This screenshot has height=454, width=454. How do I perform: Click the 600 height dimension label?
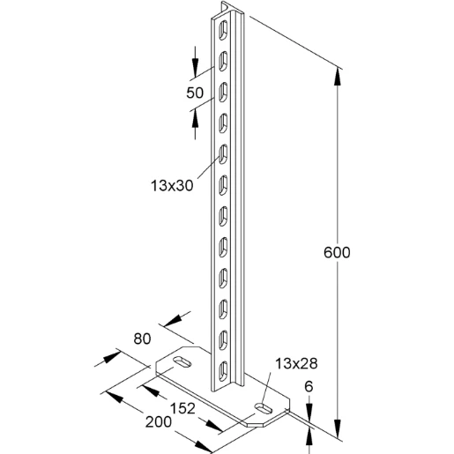336,252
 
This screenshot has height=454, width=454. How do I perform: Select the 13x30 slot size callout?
172,185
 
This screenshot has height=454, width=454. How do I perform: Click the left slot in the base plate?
182,362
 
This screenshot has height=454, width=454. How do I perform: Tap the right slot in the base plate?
263,407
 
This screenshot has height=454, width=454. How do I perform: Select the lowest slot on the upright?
221,367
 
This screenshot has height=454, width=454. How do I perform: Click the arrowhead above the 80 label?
175,318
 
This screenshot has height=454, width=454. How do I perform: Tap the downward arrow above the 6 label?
309,406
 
